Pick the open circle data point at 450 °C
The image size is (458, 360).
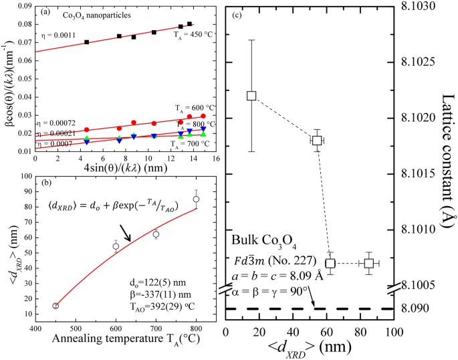tap(55, 306)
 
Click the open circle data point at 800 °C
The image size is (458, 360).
tap(196, 199)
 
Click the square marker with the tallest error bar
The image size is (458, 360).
tap(251, 95)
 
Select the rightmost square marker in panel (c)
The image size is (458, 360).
tap(369, 263)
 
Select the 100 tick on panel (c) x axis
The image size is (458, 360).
tap(393, 333)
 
